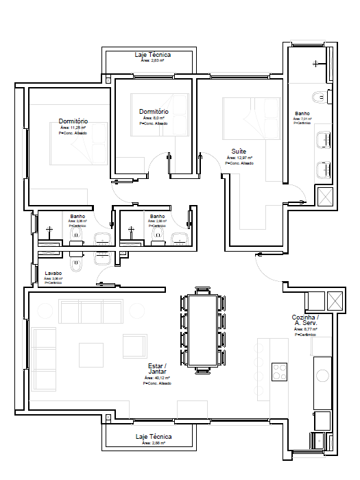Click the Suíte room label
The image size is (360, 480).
pyautogui.click(x=239, y=151)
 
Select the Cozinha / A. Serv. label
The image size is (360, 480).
pyautogui.click(x=305, y=320)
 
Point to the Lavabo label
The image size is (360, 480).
pyautogui.click(x=53, y=273)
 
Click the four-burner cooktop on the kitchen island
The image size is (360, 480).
pyautogui.click(x=280, y=372)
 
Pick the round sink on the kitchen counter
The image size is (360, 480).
pyautogui.click(x=322, y=374)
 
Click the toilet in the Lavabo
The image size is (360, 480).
pyautogui.click(x=75, y=263)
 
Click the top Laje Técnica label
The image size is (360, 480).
pyautogui.click(x=154, y=54)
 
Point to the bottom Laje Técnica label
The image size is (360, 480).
pyautogui.click(x=154, y=436)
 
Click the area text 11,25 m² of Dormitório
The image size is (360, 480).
pyautogui.click(x=73, y=128)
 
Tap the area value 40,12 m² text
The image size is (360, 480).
pyautogui.click(x=157, y=378)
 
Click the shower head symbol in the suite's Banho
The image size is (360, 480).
pyautogui.click(x=315, y=64)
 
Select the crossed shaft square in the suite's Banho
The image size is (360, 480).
pyautogui.click(x=325, y=197)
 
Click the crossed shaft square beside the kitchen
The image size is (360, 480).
pyautogui.click(x=335, y=300)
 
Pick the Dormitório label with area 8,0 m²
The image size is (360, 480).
pyautogui.click(x=154, y=111)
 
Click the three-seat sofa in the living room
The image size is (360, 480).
pyautogui.click(x=91, y=311)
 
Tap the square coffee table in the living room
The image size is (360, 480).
pyautogui.click(x=91, y=355)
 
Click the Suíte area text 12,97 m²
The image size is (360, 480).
pyautogui.click(x=239, y=158)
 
